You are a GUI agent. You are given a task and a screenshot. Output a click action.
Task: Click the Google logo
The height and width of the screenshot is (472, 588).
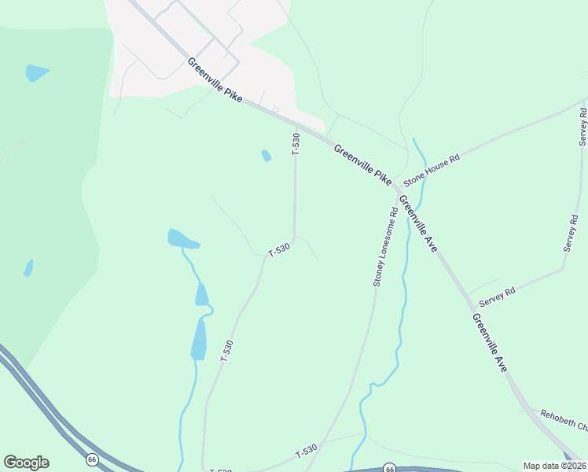coord(26,463)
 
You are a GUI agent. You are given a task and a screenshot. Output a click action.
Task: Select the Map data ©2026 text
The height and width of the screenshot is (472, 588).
coord(554,466)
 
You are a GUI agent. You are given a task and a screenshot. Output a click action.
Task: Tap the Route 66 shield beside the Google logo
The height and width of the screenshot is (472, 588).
coord(92,459)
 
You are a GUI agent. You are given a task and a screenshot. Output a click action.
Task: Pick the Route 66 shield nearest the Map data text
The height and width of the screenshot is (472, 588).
coord(389,468)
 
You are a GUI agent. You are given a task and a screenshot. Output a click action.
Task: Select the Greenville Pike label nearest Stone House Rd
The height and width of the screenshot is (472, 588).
coord(362,165)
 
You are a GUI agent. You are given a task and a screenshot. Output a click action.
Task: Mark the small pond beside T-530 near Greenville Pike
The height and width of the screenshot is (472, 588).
coord(266,156)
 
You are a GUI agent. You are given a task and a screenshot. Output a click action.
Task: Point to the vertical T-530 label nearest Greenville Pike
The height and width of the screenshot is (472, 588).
coord(296,144)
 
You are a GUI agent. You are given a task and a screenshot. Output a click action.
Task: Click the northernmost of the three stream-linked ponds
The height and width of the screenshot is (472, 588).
coord(183,238)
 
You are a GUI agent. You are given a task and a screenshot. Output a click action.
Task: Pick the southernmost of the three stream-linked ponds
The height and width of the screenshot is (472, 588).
coord(199,340)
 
